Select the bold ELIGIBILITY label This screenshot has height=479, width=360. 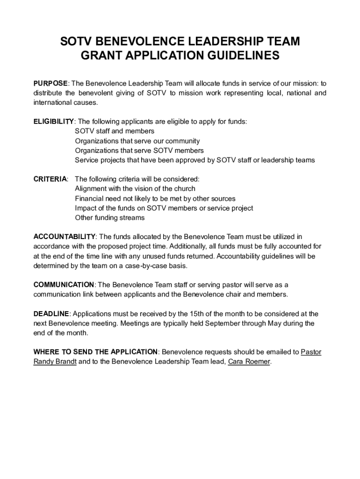click(53, 122)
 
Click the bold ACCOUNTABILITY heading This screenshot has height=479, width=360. click(65, 237)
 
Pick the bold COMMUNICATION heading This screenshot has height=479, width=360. click(64, 285)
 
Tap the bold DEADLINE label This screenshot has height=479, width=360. click(51, 314)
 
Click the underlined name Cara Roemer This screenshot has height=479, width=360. click(249, 362)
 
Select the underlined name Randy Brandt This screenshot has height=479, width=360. click(55, 362)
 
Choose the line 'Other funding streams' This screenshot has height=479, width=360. click(110, 218)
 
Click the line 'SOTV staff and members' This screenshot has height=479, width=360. click(115, 131)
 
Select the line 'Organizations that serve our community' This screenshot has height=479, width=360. click(137, 141)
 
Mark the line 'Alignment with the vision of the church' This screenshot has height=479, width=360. click(135, 189)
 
